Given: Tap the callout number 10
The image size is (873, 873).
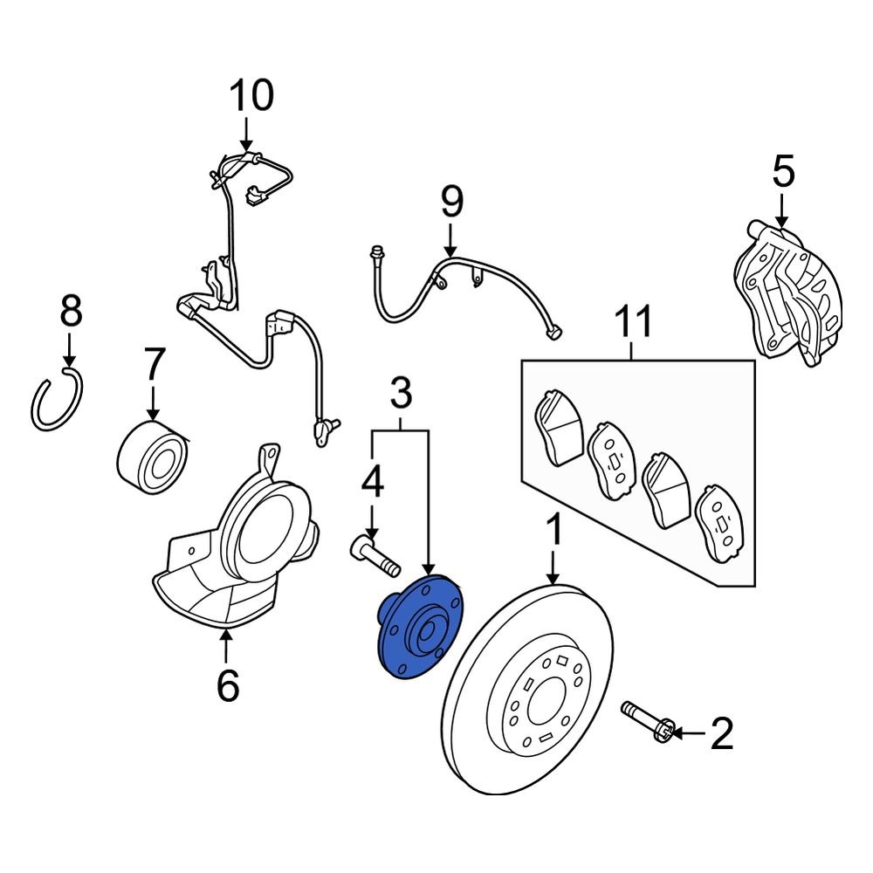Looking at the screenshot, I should click(251, 97).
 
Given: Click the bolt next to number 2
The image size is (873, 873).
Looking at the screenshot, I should click(648, 723).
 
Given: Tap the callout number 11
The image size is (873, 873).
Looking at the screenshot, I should click(634, 323).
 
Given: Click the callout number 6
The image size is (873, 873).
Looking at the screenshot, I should click(227, 686).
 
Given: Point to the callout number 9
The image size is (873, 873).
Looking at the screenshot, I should click(450, 203).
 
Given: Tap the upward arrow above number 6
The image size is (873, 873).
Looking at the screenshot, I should click(227, 647).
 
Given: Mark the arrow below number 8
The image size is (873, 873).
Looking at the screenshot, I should click(69, 354).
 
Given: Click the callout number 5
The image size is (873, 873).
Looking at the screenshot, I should click(783, 171).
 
